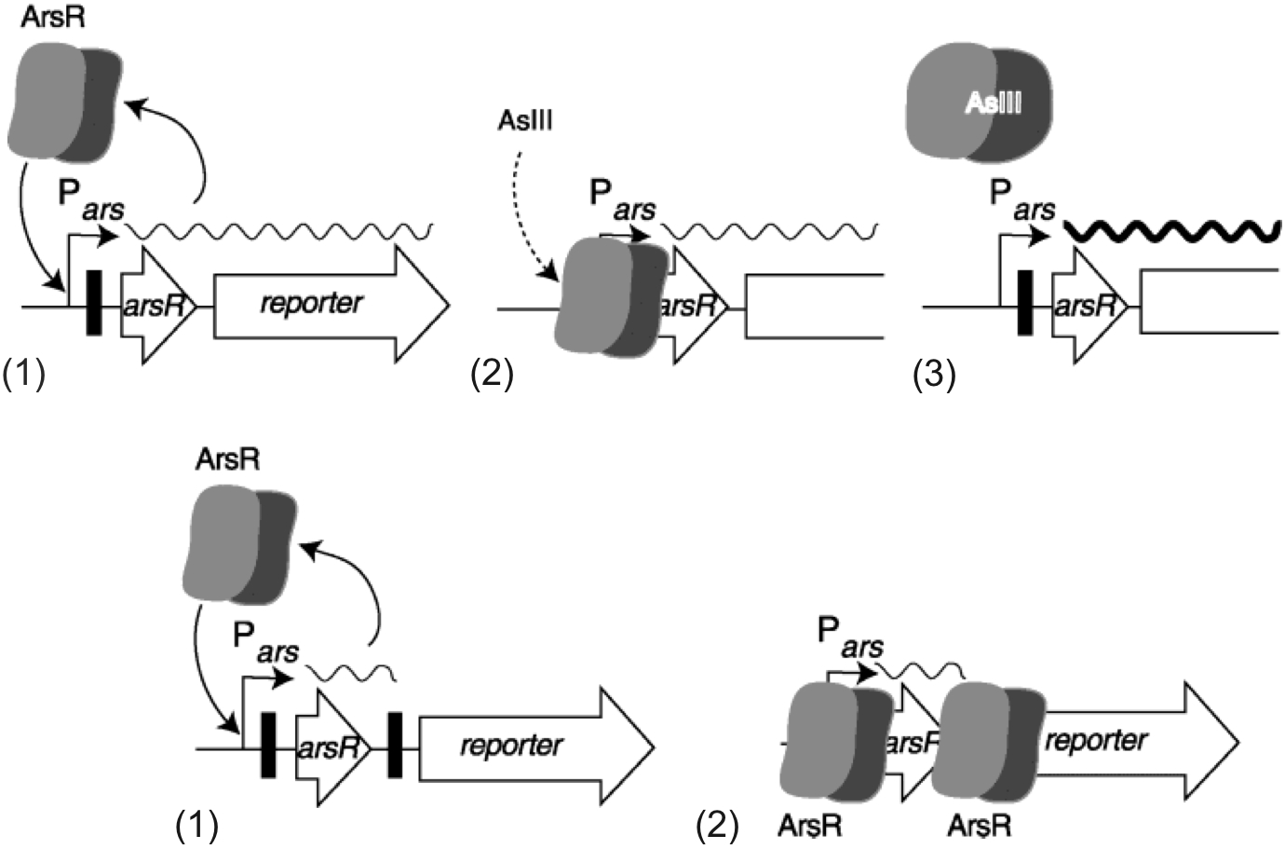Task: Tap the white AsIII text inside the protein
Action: tap(994, 102)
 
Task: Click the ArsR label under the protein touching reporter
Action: tap(980, 825)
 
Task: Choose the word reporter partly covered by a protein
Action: tap(1096, 741)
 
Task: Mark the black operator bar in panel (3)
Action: tap(1025, 302)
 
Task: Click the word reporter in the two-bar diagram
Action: tap(511, 746)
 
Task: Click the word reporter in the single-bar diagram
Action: tap(311, 303)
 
